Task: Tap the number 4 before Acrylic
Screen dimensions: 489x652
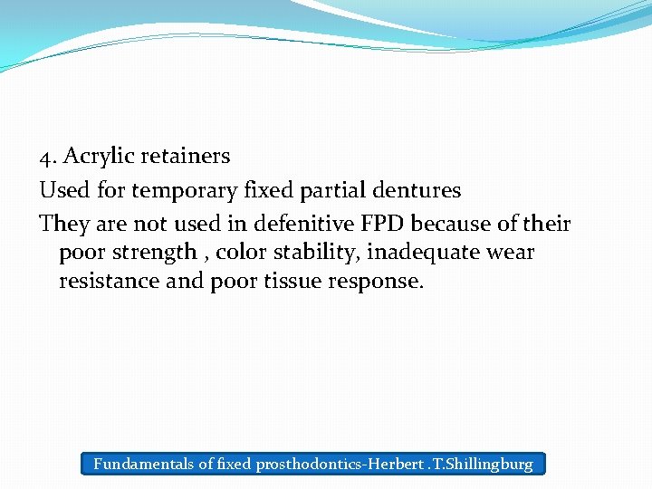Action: coord(45,157)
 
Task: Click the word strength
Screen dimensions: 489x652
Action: coord(153,252)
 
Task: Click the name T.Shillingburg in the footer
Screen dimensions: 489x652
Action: coord(480,465)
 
